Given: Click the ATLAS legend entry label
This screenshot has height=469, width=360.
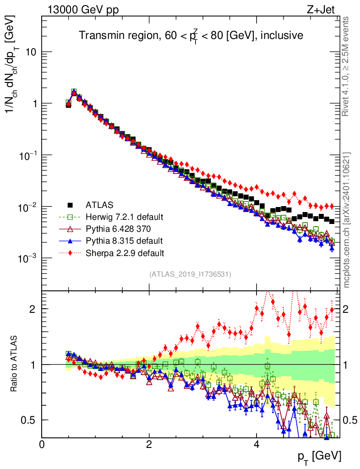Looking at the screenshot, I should (x=100, y=204).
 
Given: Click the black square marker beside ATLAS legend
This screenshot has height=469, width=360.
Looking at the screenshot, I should (x=70, y=204).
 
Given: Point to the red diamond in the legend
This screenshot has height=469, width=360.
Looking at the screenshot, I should (x=70, y=252).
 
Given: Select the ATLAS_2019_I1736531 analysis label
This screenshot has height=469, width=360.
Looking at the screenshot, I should (x=190, y=274).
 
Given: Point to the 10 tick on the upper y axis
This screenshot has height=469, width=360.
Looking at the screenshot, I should (x=31, y=52).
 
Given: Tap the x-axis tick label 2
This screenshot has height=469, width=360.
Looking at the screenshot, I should (x=149, y=444).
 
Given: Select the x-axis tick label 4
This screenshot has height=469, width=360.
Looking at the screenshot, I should (x=256, y=444).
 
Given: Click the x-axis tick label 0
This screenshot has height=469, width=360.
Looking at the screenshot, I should (x=42, y=444).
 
